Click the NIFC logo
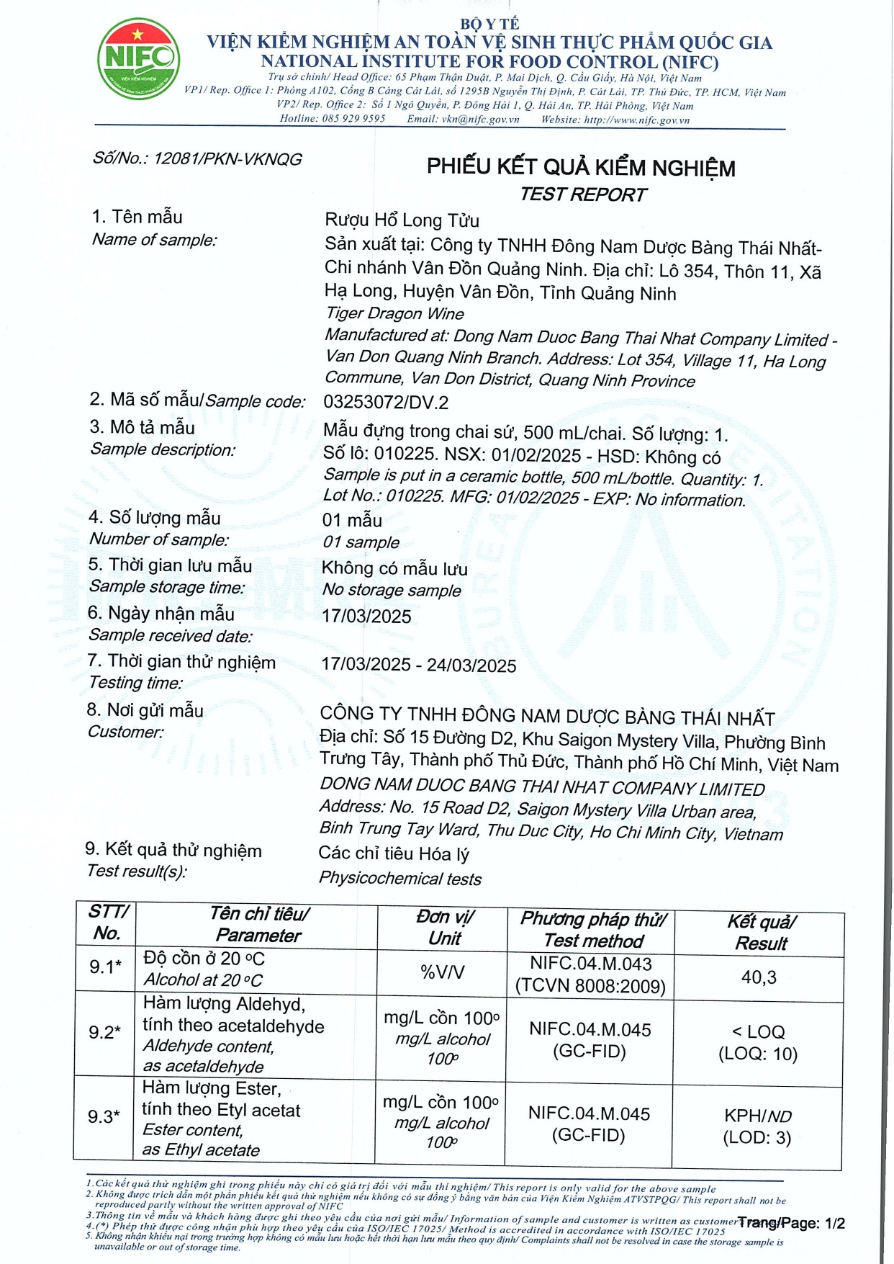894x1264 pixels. point(138,59)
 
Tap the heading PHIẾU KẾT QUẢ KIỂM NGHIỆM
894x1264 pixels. point(581,168)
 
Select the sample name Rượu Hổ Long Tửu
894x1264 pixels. point(402,220)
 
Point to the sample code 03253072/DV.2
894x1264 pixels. point(386,402)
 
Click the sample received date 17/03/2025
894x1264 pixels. point(366,617)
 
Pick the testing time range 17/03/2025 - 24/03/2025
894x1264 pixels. point(418,665)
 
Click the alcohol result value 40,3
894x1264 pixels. point(759,977)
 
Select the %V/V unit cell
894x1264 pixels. point(442,972)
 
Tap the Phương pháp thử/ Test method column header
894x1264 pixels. point(593,930)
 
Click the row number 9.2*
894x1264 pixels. point(104,1033)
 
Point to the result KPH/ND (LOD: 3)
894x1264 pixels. point(757,1127)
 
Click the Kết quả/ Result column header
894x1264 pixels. point(761,933)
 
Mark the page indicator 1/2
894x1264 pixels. point(835,1224)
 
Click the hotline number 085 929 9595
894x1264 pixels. point(353,119)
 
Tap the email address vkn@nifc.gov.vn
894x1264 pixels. point(480,120)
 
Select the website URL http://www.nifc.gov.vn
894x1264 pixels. point(636,120)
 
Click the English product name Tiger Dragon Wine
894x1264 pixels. point(394,314)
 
